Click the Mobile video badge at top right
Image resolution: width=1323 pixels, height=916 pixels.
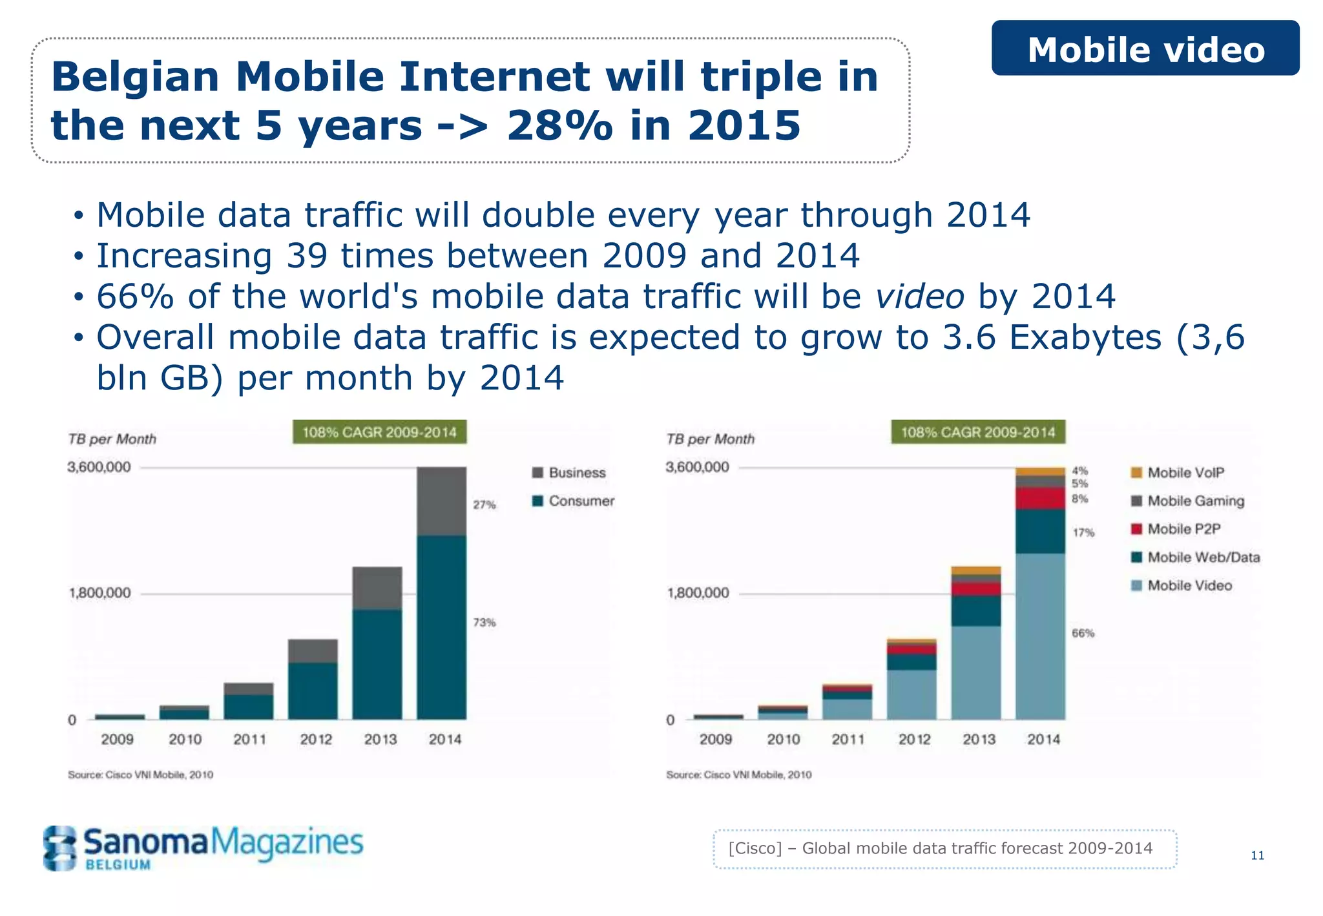[1145, 48]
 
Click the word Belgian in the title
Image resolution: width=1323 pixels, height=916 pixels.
[136, 77]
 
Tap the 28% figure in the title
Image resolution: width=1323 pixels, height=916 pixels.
[559, 125]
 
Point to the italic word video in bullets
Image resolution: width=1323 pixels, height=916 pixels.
[919, 297]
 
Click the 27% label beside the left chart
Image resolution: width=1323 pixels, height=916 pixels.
[484, 505]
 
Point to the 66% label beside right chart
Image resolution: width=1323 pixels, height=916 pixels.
[1083, 633]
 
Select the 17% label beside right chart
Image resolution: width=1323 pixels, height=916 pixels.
[1083, 533]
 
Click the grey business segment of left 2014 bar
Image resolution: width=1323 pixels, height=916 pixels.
[441, 501]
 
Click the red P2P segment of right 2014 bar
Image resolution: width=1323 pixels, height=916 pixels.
[1040, 498]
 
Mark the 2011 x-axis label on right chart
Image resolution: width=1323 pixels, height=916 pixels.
[848, 739]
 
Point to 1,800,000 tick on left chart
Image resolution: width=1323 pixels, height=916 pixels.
[99, 593]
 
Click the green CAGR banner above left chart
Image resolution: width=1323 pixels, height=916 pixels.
[379, 432]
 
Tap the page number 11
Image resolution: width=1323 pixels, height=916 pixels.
[1257, 855]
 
